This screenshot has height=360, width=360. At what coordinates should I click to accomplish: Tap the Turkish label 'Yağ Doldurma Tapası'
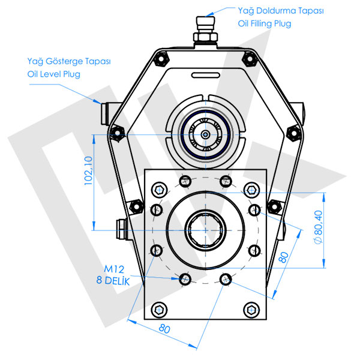click(x=274, y=10)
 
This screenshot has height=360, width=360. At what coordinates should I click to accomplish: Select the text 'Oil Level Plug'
click(x=53, y=74)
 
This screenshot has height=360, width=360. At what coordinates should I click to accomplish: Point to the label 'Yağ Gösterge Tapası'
click(x=69, y=61)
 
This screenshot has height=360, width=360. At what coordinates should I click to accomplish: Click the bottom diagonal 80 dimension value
click(x=163, y=329)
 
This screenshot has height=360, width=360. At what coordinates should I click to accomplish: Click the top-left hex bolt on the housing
click(x=160, y=58)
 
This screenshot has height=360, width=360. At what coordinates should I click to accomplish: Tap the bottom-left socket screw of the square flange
click(x=159, y=310)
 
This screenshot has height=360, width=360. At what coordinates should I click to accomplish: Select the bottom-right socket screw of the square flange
click(x=250, y=310)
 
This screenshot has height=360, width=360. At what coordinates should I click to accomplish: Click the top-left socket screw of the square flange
click(x=159, y=190)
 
